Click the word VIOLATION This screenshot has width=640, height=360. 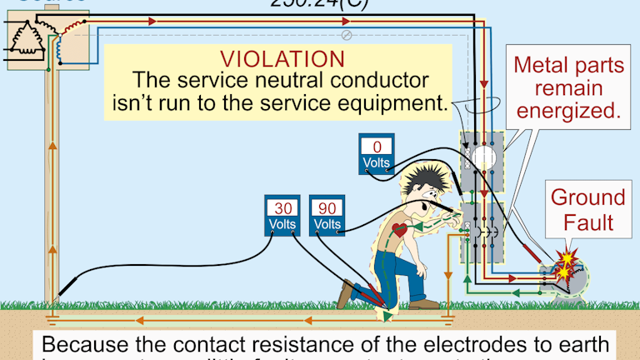pyautogui.click(x=282, y=60)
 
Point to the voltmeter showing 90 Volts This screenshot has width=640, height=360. pyautogui.click(x=327, y=216)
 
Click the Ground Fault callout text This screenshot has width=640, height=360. pyautogui.click(x=587, y=210)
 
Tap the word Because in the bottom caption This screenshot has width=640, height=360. pyautogui.click(x=84, y=344)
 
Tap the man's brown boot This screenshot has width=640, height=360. pyautogui.click(x=346, y=295)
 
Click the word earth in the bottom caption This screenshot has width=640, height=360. pyautogui.click(x=583, y=344)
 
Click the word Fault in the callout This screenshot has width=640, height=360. pyautogui.click(x=587, y=222)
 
